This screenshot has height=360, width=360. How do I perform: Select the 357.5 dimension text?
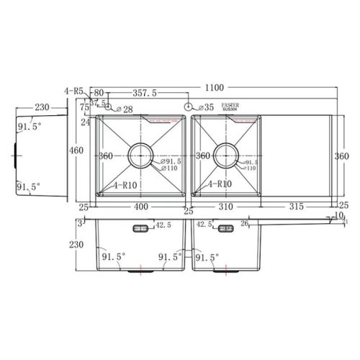click(146, 94)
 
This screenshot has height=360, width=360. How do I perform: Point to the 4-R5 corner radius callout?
click(74, 91)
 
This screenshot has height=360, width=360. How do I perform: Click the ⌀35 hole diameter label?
click(206, 107)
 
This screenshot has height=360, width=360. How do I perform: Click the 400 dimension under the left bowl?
click(141, 207)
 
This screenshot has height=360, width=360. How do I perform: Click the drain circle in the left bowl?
click(140, 154)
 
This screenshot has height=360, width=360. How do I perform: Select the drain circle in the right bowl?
click(225, 154)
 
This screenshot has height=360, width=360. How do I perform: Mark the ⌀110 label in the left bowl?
click(172, 169)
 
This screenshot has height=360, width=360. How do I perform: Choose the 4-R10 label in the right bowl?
click(219, 184)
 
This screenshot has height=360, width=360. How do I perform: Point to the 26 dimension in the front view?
click(246, 224)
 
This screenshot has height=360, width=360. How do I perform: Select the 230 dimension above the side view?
click(41, 107)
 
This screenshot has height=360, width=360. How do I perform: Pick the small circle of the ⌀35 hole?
click(189, 107)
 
